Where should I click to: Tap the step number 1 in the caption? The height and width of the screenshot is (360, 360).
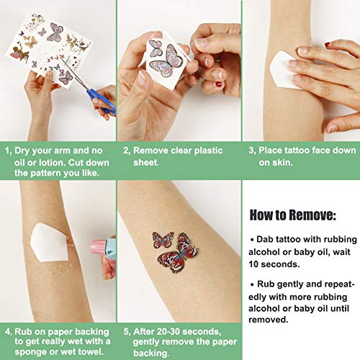tap(8, 152)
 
